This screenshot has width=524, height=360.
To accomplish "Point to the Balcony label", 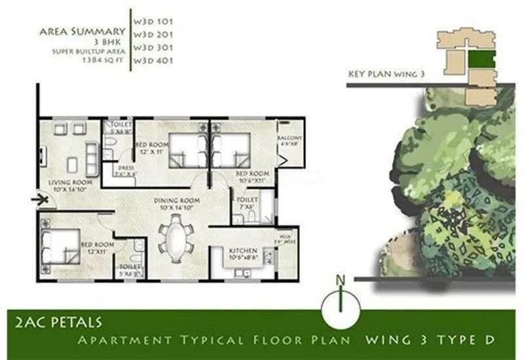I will tap(290, 139).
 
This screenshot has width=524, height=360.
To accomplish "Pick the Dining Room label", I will tap(176, 201).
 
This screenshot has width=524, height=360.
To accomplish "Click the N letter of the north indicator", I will tap(340, 281).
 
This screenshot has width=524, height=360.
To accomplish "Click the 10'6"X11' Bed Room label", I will tap(250, 177).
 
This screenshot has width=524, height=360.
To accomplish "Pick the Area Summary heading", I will tap(83, 31).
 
